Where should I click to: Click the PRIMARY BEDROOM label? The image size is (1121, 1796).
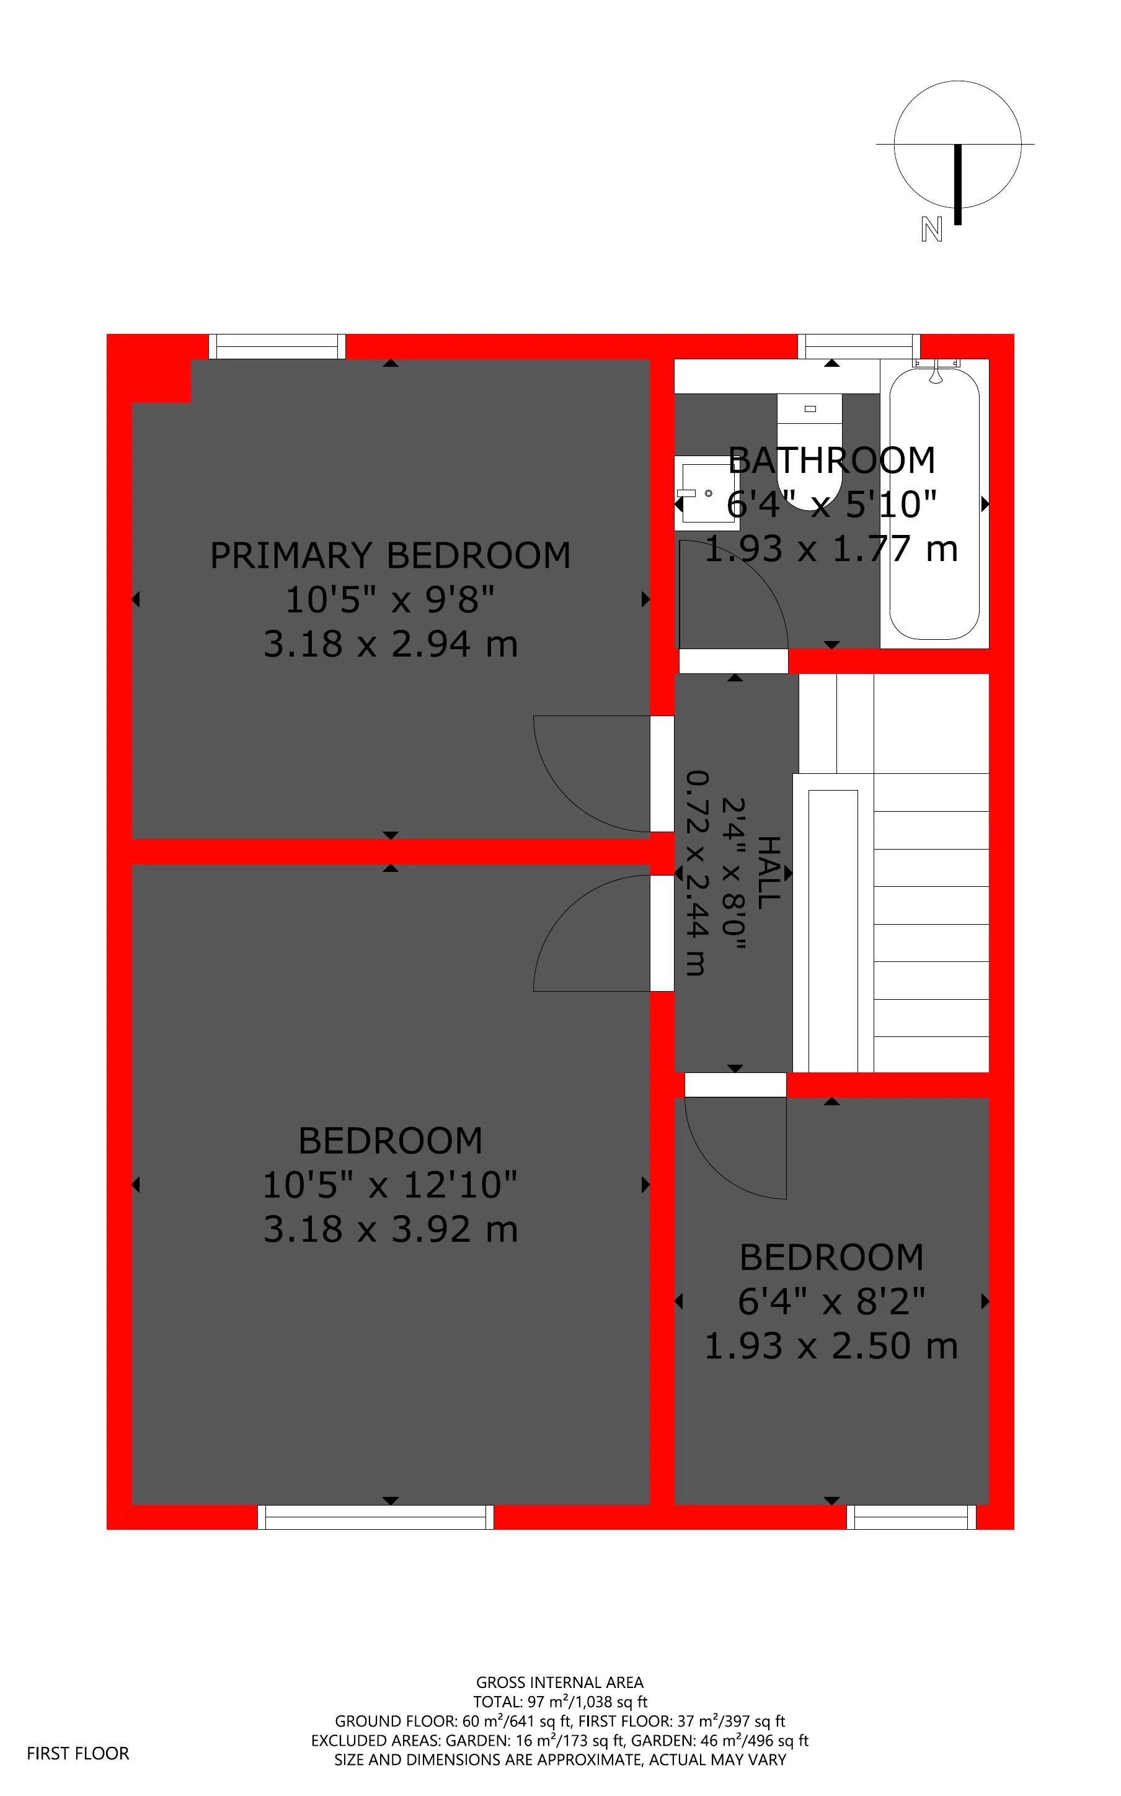(x=390, y=555)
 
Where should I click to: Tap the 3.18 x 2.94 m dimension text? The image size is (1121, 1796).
(x=390, y=644)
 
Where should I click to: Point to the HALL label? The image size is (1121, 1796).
(x=768, y=873)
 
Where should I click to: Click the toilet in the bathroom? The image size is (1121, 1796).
(x=810, y=452)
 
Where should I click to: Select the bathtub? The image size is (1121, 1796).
(x=934, y=505)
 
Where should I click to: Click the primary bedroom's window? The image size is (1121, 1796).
(x=277, y=346)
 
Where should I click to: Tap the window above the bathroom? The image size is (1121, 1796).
(x=859, y=346)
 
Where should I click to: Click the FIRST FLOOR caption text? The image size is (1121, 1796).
(x=78, y=1753)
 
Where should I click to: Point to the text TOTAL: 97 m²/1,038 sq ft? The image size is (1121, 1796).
(x=560, y=1702)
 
